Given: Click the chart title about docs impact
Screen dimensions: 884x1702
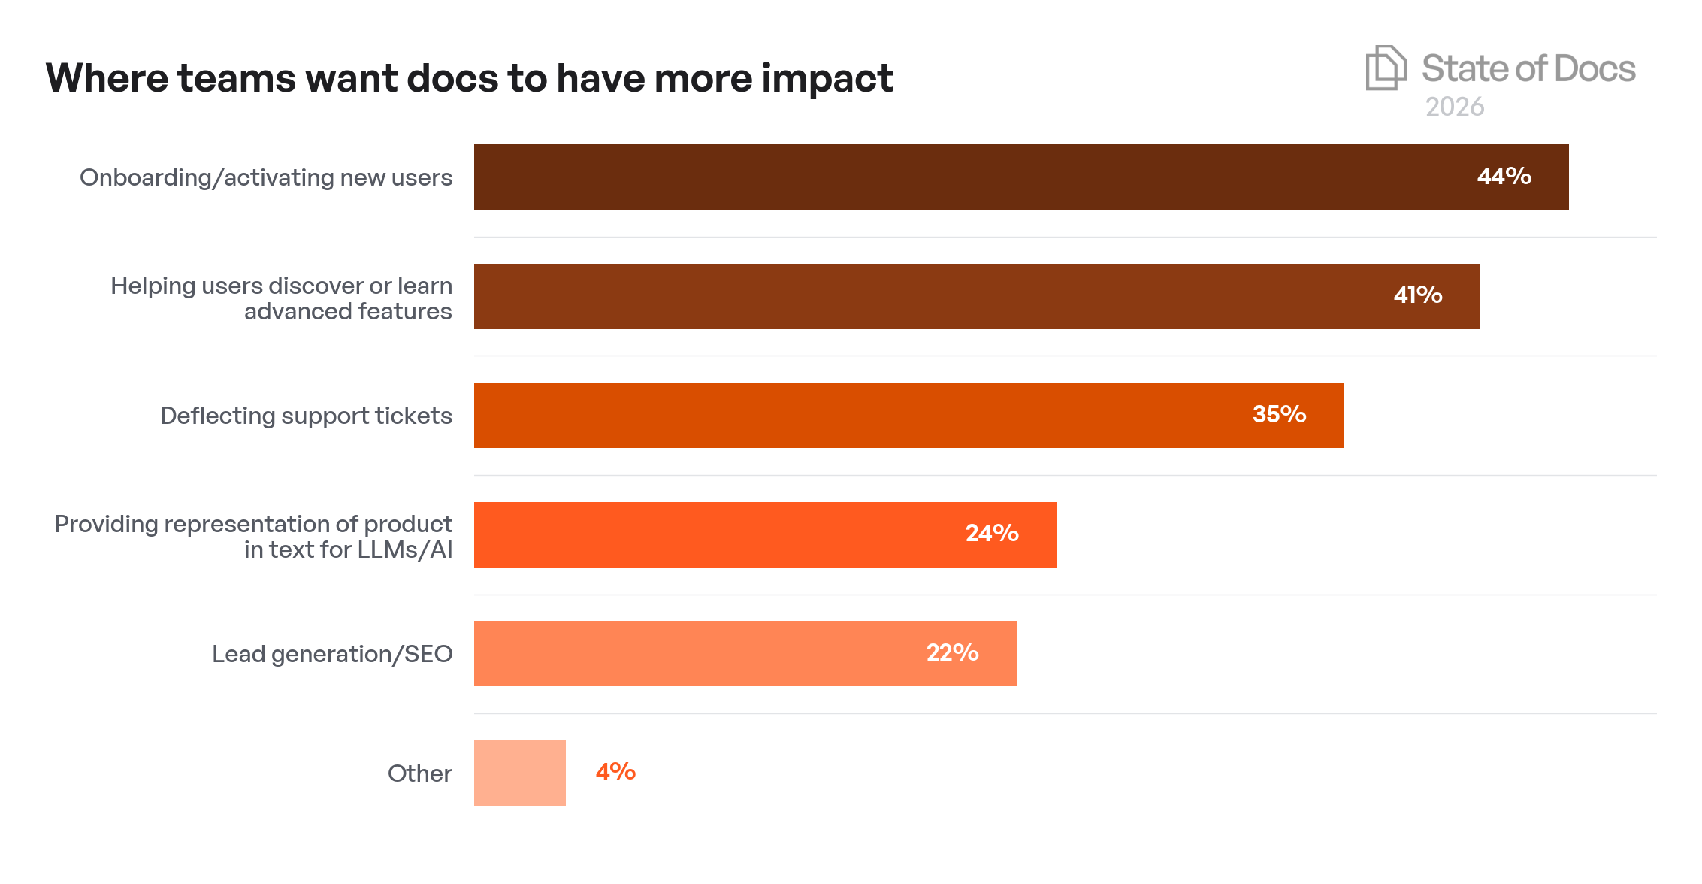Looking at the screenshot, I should pos(469,78).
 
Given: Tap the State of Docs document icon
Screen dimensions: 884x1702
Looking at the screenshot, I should pos(1385,68).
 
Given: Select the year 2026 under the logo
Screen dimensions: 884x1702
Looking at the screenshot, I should pos(1455,107).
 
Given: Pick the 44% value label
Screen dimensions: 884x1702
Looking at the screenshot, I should pos(1504,177).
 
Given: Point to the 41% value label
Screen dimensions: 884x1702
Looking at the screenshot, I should pos(1418,295).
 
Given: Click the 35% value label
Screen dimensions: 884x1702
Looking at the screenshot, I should pos(1279,414).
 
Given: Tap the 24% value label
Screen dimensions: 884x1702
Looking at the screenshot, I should pos(992,534).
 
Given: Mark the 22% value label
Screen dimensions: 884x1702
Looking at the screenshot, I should pos(952,652).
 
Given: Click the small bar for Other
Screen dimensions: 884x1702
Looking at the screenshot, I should pos(519,773).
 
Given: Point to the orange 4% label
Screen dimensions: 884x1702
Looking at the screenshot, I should pos(615,772).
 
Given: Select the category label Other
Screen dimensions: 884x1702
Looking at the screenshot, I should pos(419,773).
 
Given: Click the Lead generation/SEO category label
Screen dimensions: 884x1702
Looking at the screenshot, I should pos(332,654).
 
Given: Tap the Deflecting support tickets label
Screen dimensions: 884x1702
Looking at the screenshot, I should pos(306,416).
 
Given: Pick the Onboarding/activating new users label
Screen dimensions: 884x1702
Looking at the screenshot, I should pos(266,177).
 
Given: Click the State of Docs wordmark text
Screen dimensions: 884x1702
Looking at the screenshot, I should pos(1528,69).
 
